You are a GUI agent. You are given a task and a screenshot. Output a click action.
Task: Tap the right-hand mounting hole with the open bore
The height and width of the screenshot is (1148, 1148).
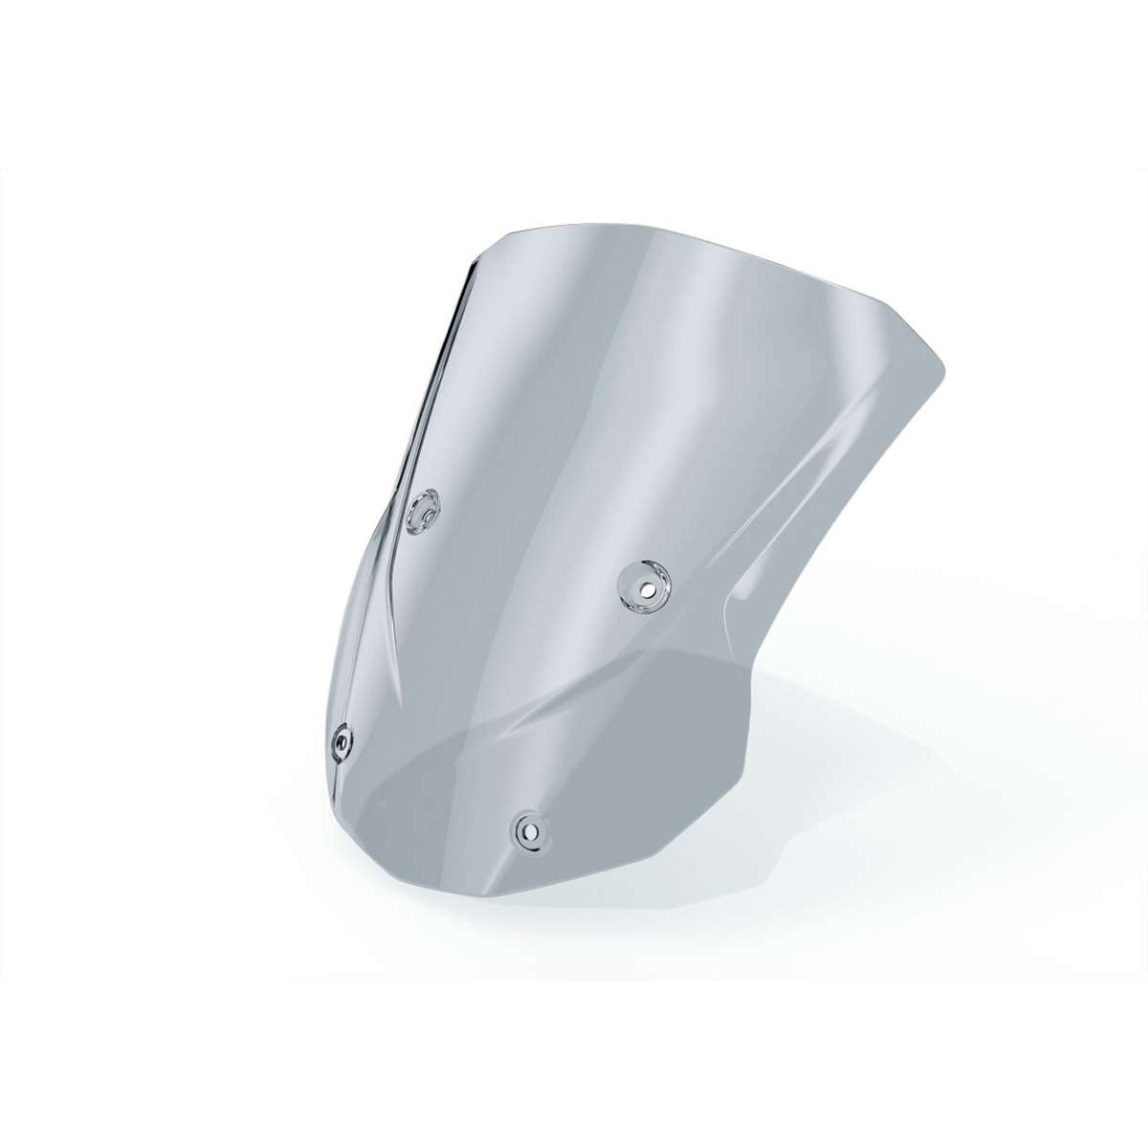coord(643,585)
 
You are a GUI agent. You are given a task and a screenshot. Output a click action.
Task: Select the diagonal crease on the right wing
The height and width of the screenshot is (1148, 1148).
coord(804,497)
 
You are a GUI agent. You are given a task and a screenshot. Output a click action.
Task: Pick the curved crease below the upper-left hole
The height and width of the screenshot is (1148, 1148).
coord(402,593)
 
